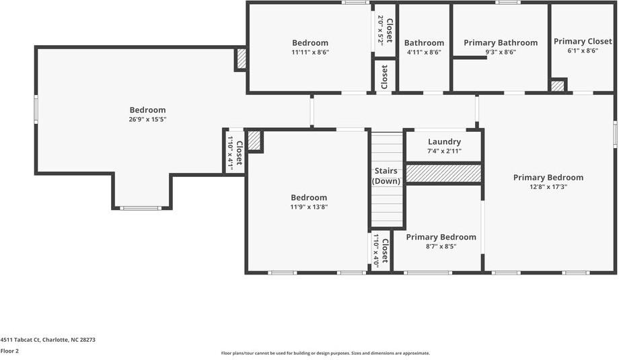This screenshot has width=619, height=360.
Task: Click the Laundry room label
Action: click(444, 142)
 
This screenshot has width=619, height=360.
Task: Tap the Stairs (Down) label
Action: click(386, 176)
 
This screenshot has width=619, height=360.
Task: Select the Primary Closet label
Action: click(583, 42)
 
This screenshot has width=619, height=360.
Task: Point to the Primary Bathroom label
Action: click(501, 43)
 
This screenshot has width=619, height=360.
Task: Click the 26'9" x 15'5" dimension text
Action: click(147, 120)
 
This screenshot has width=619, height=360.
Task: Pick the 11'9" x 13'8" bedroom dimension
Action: click(309, 207)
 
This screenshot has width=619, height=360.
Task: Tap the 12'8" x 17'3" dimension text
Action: click(548, 187)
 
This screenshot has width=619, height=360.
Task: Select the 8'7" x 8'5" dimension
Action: click(441, 247)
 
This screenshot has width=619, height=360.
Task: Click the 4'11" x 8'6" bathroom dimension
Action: click(424, 52)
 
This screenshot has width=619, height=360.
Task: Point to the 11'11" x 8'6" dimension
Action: click(310, 52)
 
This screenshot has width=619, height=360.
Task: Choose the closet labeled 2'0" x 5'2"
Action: click(384, 30)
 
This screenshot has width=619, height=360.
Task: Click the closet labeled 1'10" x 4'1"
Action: click(234, 153)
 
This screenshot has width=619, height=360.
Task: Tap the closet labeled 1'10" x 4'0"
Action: click(380, 251)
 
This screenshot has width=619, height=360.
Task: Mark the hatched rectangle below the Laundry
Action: click(443, 173)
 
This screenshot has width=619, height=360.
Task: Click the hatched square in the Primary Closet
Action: click(558, 85)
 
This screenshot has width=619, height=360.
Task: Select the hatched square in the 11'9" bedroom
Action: click(254, 141)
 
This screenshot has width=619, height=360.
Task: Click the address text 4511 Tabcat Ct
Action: click(48, 340)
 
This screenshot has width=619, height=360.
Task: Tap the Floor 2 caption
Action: click(9, 351)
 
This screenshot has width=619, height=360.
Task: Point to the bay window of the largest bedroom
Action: click(141, 207)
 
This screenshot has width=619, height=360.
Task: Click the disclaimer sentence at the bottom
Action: click(325, 353)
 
